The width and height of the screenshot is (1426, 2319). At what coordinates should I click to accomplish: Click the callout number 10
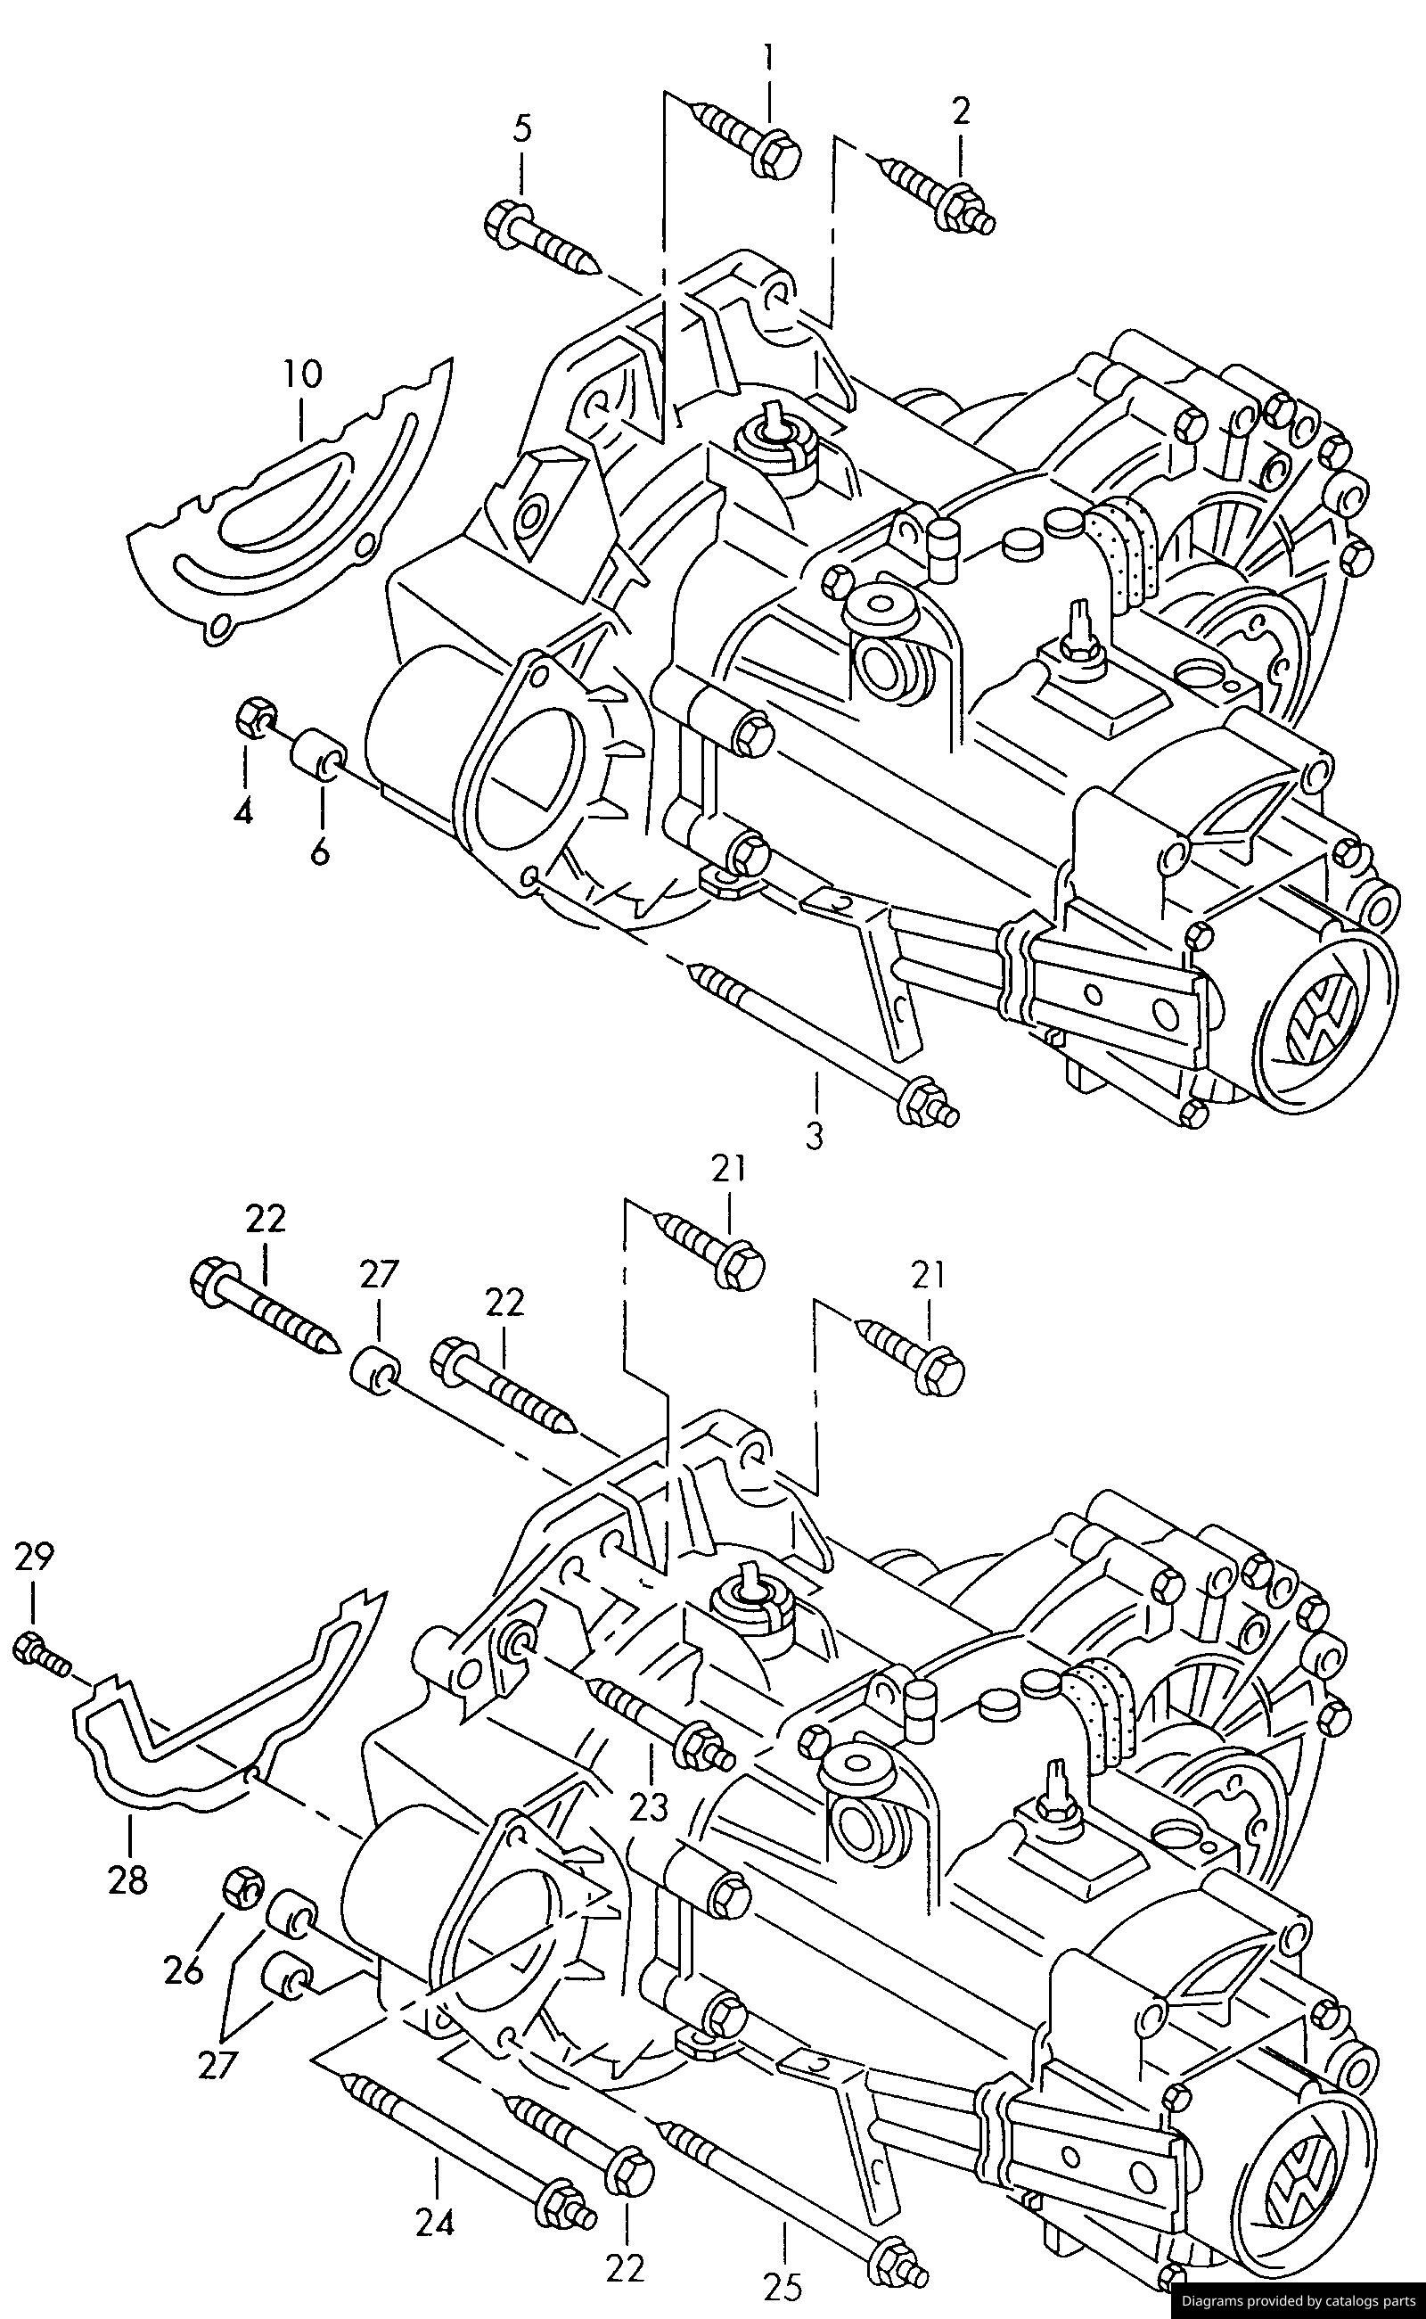tap(302, 374)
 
